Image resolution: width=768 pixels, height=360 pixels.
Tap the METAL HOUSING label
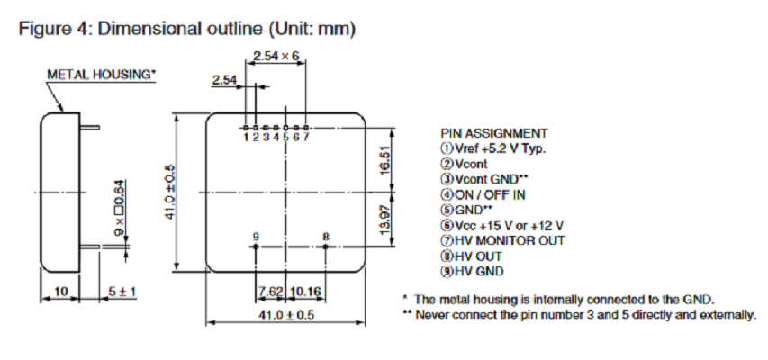[x=102, y=74]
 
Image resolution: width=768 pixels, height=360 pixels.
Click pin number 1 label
[x=245, y=137]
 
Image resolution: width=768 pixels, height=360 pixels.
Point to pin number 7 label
[x=307, y=137]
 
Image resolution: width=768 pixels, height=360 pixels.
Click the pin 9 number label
[x=257, y=236]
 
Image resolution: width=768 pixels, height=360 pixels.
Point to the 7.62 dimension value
[x=270, y=292]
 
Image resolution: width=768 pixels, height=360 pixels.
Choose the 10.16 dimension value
[x=306, y=292]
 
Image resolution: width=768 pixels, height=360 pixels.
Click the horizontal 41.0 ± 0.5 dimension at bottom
[x=286, y=315]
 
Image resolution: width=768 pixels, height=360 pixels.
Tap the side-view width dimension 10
[x=60, y=292]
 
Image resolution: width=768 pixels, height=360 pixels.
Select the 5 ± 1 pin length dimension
[x=120, y=292]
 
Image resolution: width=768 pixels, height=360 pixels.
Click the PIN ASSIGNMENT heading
[x=493, y=132]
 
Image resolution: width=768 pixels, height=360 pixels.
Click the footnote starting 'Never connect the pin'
[x=580, y=314]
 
